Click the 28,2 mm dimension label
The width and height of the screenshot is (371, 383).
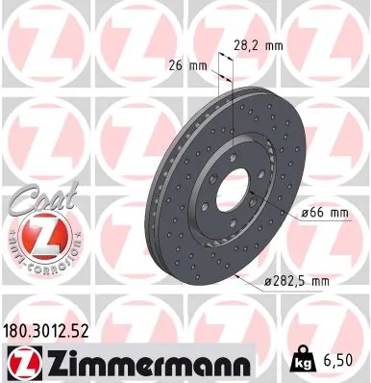click(257, 42)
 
